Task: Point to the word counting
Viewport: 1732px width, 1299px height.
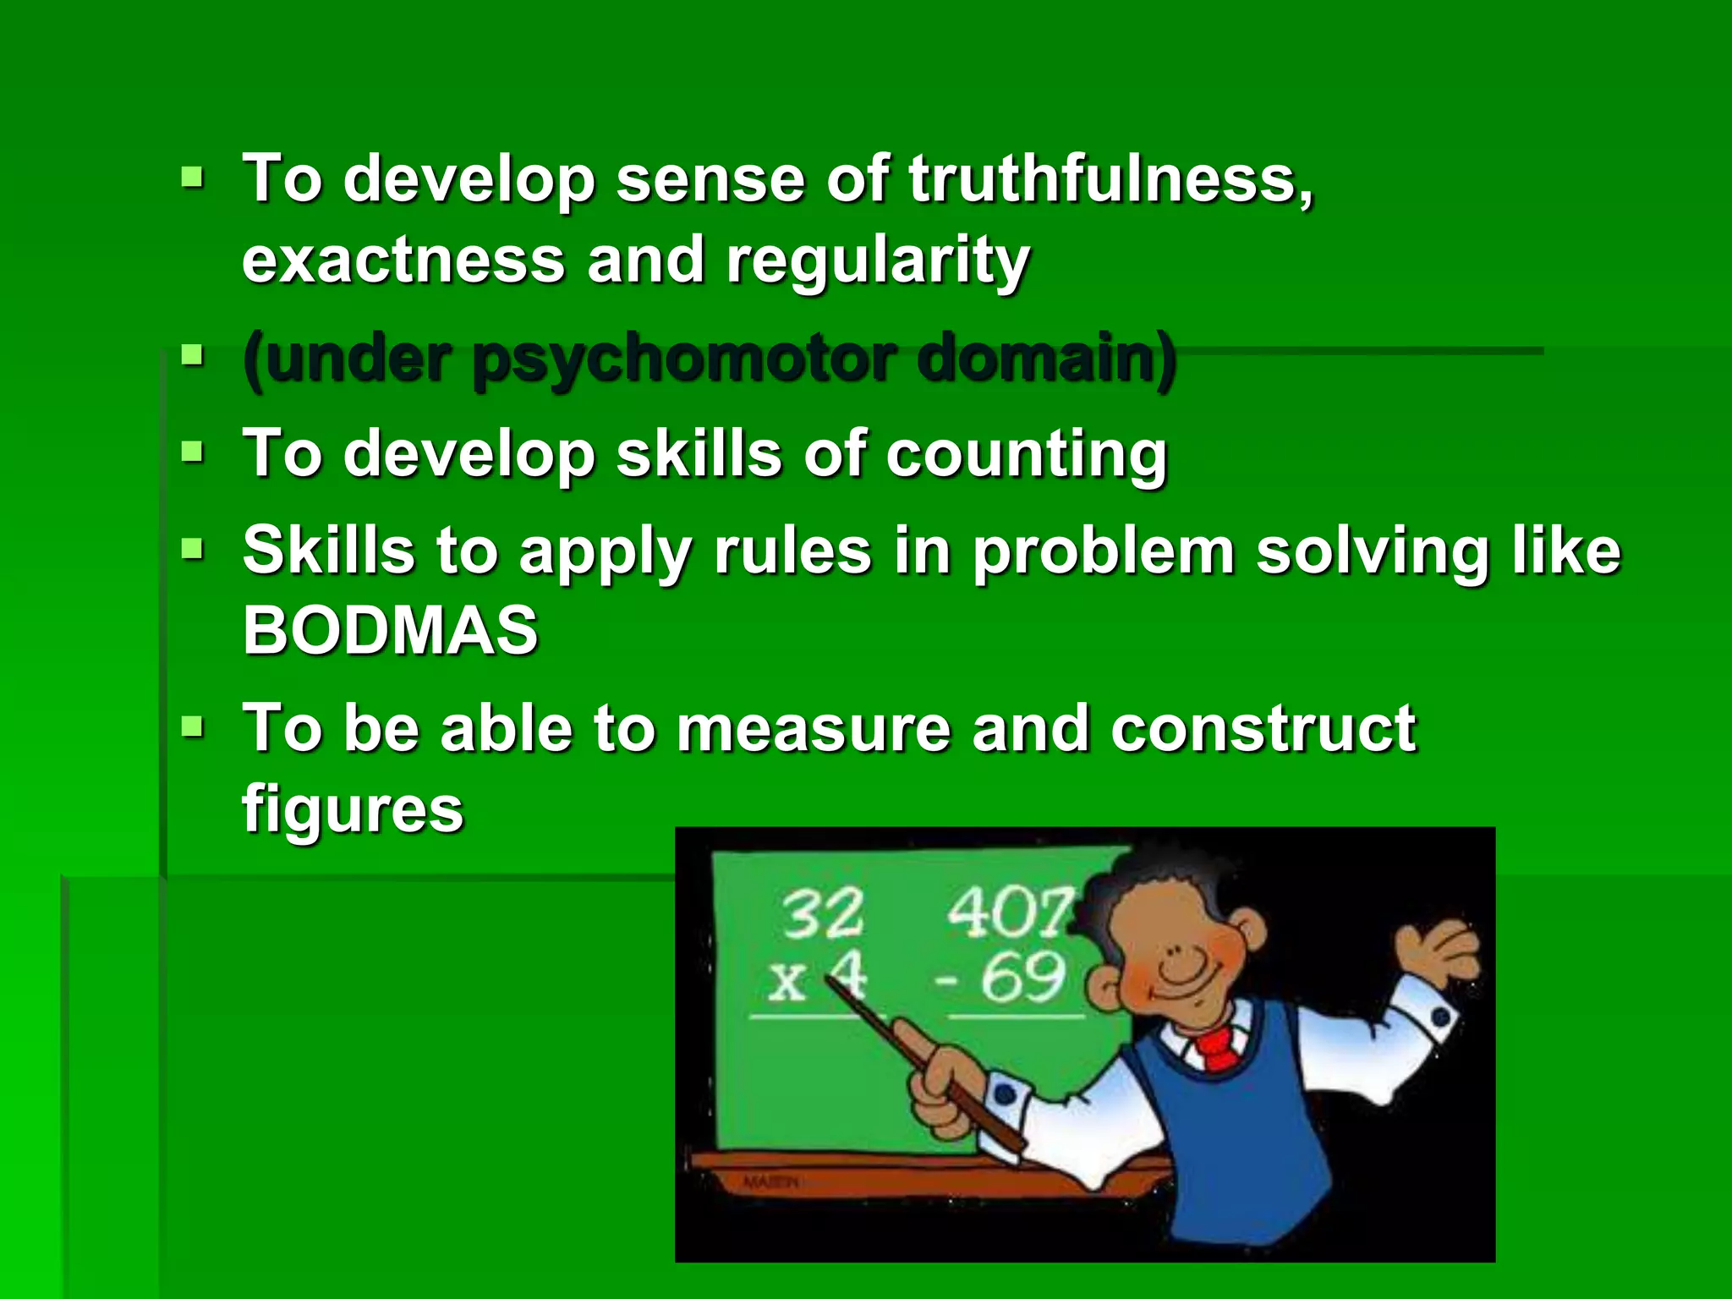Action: [1026, 456]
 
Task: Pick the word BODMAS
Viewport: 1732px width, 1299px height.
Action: [390, 630]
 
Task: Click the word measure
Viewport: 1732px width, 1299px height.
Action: [814, 728]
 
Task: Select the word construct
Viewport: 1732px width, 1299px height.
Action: [1263, 728]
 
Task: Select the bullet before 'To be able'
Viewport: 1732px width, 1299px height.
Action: [193, 726]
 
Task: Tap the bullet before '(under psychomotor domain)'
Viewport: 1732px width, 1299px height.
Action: [193, 355]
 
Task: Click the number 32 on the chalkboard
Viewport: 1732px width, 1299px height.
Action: [822, 914]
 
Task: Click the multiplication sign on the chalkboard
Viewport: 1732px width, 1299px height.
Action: [787, 981]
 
